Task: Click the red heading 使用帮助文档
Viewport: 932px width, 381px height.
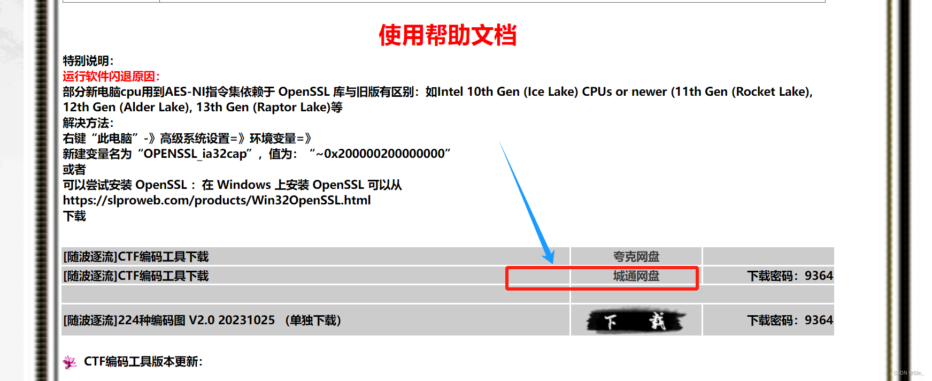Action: [x=448, y=35]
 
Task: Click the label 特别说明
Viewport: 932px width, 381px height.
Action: [x=88, y=61]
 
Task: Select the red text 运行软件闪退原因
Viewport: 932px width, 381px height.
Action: [x=111, y=77]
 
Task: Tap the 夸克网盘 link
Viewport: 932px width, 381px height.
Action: [x=636, y=257]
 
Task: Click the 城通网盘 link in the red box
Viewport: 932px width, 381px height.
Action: [x=636, y=276]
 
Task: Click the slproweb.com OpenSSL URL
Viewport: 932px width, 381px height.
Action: [x=217, y=201]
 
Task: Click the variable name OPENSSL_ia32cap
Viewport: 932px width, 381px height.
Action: [x=195, y=154]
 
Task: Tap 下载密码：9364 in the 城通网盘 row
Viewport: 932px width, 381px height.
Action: [x=790, y=276]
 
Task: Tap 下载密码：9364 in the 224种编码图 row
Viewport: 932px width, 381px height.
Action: [x=790, y=321]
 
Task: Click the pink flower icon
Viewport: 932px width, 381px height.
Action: [x=70, y=362]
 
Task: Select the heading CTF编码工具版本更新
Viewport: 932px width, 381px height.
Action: [x=143, y=362]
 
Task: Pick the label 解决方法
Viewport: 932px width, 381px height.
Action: [x=88, y=123]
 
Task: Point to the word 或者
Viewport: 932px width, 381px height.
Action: [x=74, y=170]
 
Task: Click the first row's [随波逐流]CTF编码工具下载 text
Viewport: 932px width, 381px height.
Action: [x=136, y=257]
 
